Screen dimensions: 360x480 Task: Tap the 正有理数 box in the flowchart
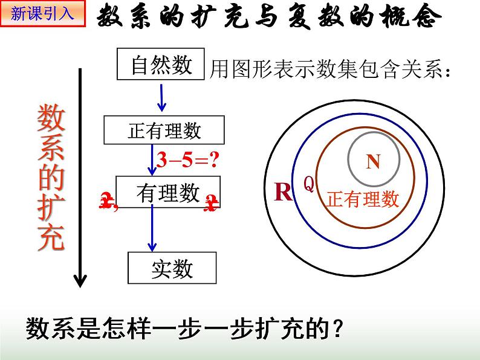(164, 130)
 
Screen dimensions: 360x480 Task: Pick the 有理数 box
(168, 193)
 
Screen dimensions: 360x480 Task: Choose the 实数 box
(172, 268)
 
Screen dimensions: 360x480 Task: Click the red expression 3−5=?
(187, 160)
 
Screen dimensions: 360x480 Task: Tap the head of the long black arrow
(80, 280)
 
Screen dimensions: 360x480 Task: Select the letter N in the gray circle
(373, 161)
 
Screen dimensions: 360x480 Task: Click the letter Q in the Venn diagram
(308, 184)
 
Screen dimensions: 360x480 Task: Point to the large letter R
(283, 192)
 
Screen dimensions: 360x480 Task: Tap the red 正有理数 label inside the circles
(362, 199)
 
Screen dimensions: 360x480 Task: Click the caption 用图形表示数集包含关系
(330, 72)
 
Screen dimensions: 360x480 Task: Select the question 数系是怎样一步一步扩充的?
(185, 330)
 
